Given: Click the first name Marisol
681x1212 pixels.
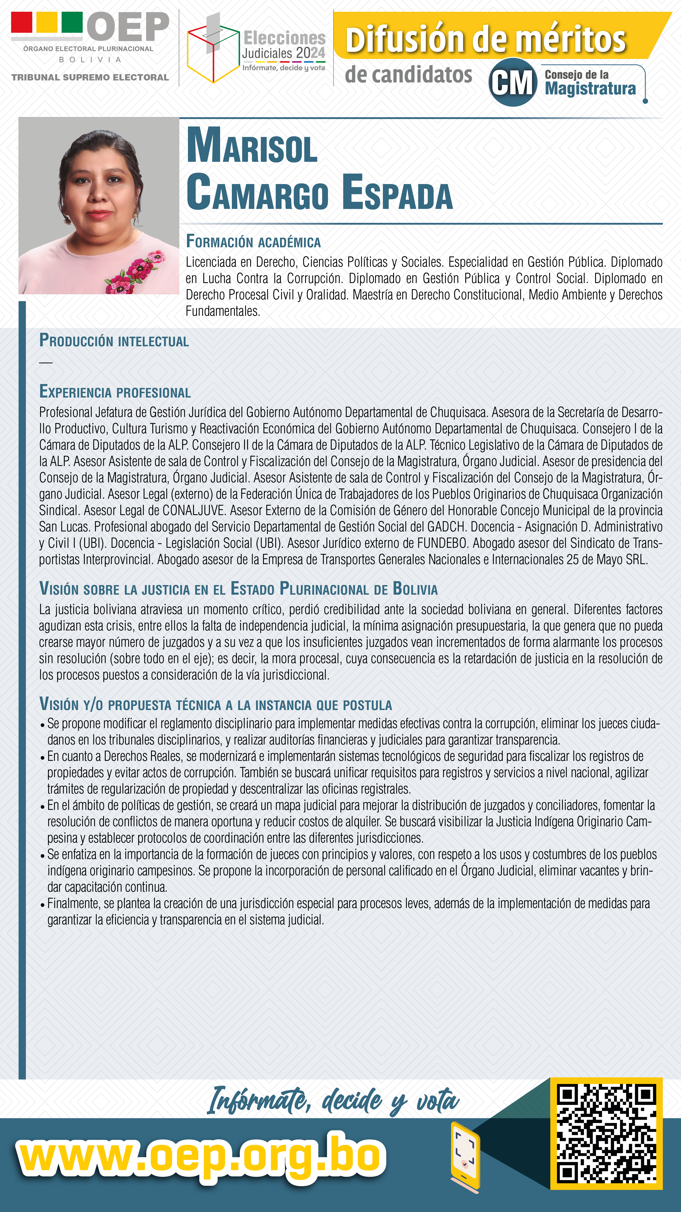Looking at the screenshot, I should point(252,146).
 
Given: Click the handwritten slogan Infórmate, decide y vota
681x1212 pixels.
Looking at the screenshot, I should point(333,1101).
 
